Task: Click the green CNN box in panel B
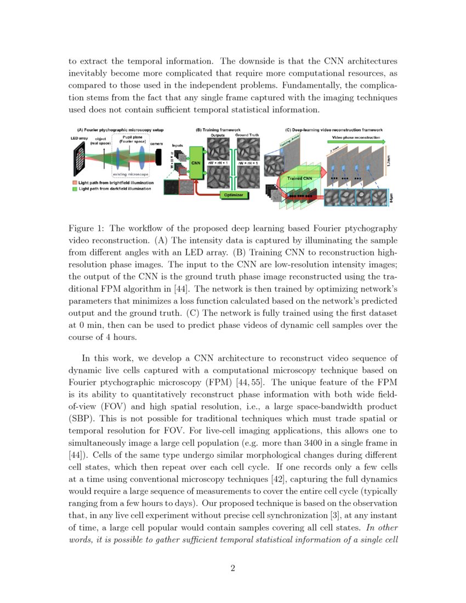pos(196,163)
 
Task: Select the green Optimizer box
pos(234,195)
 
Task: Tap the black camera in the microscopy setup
pos(159,157)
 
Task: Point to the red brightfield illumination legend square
pos(75,183)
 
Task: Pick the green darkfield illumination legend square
pos(75,189)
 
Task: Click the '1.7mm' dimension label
pos(389,162)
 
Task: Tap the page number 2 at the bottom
pos(233,568)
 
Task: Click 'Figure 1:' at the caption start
pos(87,229)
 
